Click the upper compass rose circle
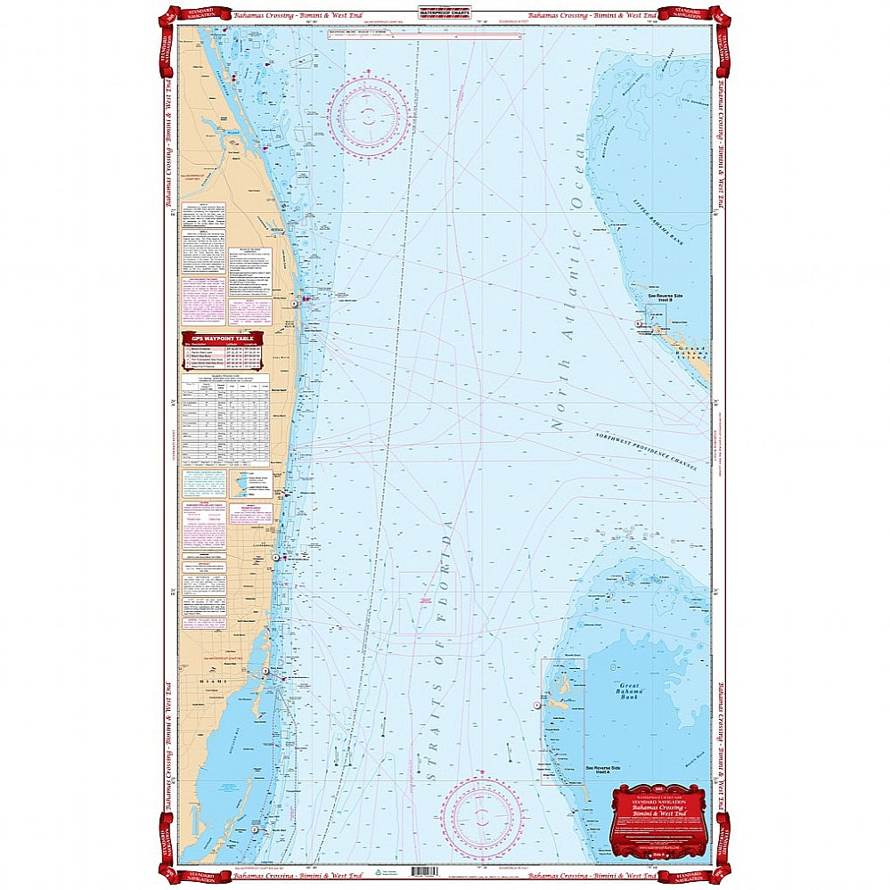(369, 118)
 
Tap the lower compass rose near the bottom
(482, 817)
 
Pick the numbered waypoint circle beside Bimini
(536, 705)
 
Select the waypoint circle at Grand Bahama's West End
(651, 323)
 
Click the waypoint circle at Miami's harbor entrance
(265, 671)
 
